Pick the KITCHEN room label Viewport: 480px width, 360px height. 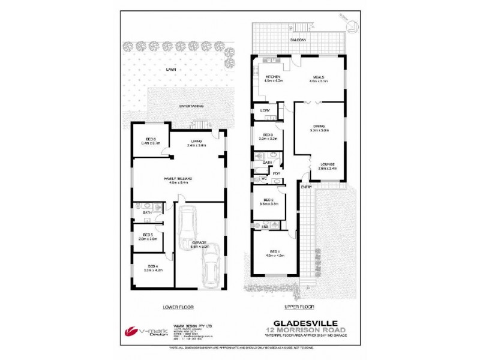point(274,77)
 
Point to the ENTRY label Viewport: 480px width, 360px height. point(307,187)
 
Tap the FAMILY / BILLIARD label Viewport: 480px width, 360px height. point(180,179)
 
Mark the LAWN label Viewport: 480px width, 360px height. point(172,70)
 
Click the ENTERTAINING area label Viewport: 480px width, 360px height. point(191,106)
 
